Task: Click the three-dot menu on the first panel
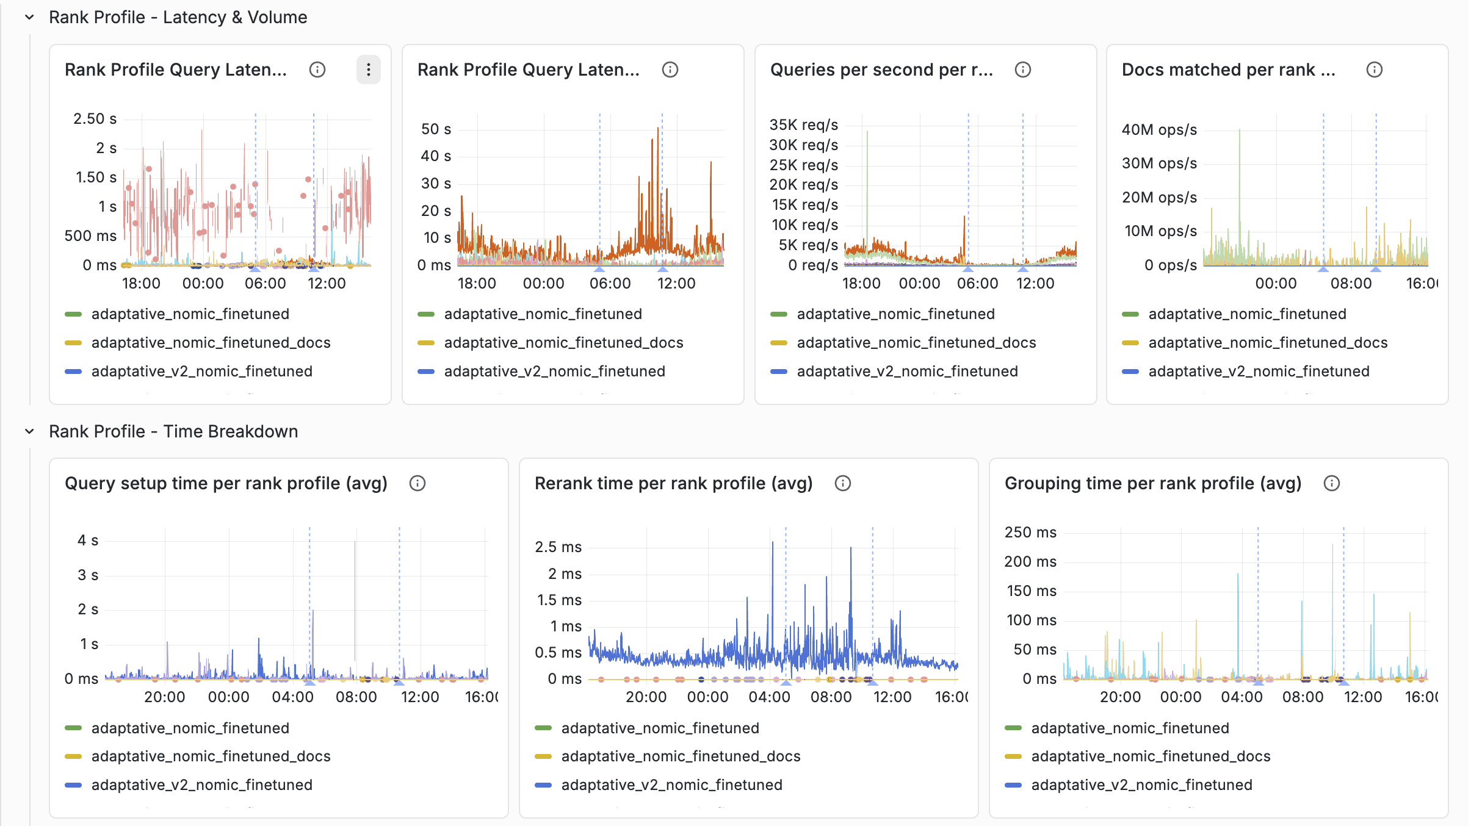coord(368,70)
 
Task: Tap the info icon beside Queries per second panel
coord(1022,70)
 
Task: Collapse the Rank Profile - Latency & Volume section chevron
coord(29,17)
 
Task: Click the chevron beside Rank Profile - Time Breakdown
coord(29,431)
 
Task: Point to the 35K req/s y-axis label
coord(803,124)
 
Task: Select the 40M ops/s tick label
coord(1158,129)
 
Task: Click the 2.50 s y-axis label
coord(95,118)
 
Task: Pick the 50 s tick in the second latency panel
coord(436,129)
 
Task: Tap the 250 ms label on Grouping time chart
coord(1030,532)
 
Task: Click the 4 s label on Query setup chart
coord(87,540)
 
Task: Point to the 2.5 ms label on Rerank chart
coord(558,547)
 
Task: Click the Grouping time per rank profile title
coord(1152,483)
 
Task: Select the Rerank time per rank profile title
coord(673,483)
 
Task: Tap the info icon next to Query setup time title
coord(417,483)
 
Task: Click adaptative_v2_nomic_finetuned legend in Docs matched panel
coord(1259,371)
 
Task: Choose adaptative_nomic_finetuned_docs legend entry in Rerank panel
coord(681,756)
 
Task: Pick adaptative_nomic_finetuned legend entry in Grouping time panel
coord(1130,728)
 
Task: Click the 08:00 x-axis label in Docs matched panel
coord(1351,283)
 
